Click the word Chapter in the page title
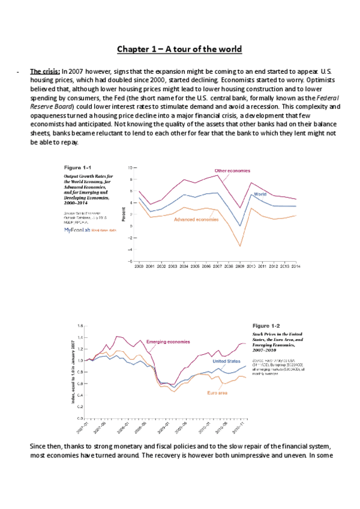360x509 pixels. coord(134,49)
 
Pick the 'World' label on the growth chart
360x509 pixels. coord(260,194)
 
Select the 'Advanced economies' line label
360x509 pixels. coord(196,220)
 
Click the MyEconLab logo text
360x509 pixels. coord(77,230)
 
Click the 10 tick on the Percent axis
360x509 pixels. coord(130,167)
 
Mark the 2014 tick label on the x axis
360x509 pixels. coord(295,265)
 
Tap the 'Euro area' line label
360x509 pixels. coord(217,393)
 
